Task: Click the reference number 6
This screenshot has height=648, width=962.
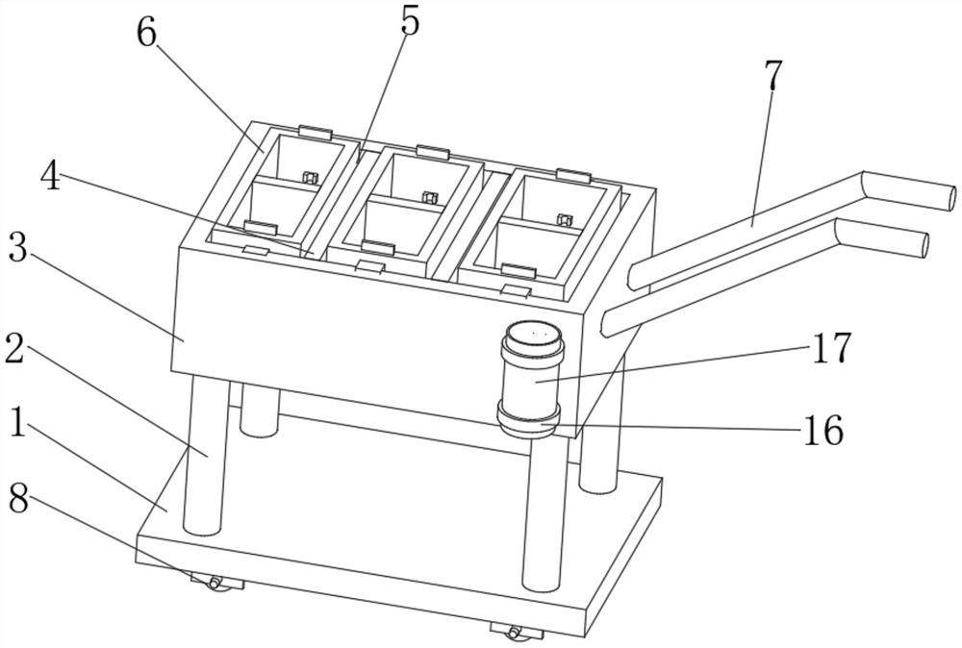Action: (146, 33)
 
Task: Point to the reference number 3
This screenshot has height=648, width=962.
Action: (17, 246)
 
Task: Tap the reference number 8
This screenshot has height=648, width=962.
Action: (18, 500)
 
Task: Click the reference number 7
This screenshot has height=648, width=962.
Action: (773, 74)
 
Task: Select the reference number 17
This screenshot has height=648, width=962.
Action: (832, 348)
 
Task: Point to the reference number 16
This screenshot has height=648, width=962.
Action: (823, 430)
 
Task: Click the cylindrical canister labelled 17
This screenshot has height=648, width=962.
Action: (531, 373)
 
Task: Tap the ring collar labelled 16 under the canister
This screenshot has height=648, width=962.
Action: (529, 420)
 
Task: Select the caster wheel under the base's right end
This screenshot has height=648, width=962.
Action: (514, 632)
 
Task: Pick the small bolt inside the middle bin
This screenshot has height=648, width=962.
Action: (429, 197)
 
